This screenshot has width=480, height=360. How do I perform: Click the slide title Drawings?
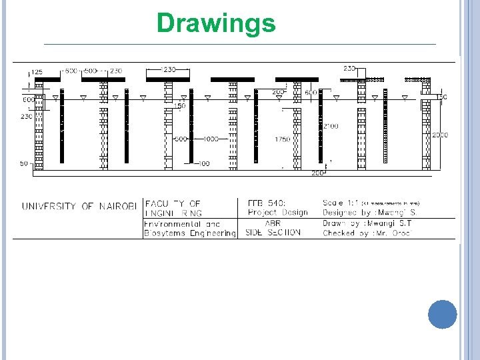(215, 23)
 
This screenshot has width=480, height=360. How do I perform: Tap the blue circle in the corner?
(443, 314)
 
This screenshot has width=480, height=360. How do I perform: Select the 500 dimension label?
(91, 70)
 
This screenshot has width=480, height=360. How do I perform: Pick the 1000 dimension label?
(211, 139)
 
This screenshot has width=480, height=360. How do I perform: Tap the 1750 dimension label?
(282, 139)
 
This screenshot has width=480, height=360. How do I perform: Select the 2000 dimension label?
(439, 135)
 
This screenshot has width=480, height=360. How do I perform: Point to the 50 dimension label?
(23, 163)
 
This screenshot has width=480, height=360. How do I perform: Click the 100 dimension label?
(204, 163)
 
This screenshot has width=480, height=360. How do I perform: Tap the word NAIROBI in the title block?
(118, 207)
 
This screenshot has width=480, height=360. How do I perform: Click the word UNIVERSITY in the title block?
(49, 207)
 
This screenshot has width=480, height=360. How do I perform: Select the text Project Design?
(277, 213)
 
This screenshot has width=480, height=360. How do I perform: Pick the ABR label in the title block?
(272, 223)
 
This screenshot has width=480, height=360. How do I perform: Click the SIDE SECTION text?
(273, 233)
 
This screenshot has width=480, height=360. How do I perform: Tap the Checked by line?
(367, 233)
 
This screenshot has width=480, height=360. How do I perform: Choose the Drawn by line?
(367, 223)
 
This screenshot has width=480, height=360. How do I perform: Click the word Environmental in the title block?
(172, 224)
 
